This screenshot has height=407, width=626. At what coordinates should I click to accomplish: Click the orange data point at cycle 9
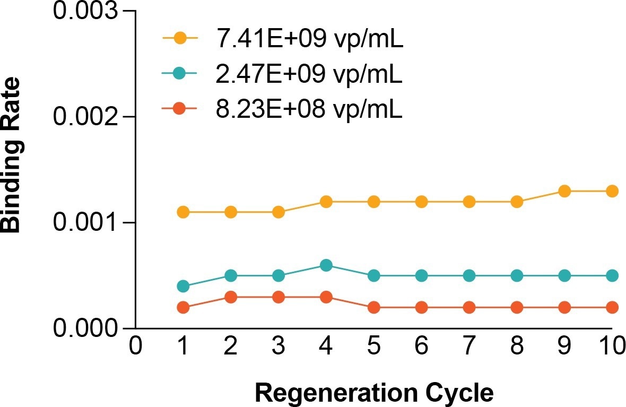point(564,191)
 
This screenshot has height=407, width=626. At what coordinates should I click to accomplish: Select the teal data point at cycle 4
point(326,265)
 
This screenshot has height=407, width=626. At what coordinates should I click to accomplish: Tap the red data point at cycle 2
point(231,297)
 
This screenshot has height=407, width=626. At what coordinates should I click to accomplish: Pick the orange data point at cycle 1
point(183,212)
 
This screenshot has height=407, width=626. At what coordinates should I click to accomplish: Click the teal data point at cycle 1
point(183,286)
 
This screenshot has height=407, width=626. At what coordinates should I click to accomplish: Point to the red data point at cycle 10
point(612,307)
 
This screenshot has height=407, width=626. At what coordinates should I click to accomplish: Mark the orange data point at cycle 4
point(326,202)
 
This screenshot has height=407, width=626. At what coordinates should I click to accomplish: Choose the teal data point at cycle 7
point(469,276)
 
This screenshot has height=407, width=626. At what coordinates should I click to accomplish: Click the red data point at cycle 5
point(373,307)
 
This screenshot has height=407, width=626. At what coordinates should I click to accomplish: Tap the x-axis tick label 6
point(421,348)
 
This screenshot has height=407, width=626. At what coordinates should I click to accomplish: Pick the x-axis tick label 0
point(136,348)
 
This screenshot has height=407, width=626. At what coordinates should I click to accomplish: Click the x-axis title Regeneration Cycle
point(374,393)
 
